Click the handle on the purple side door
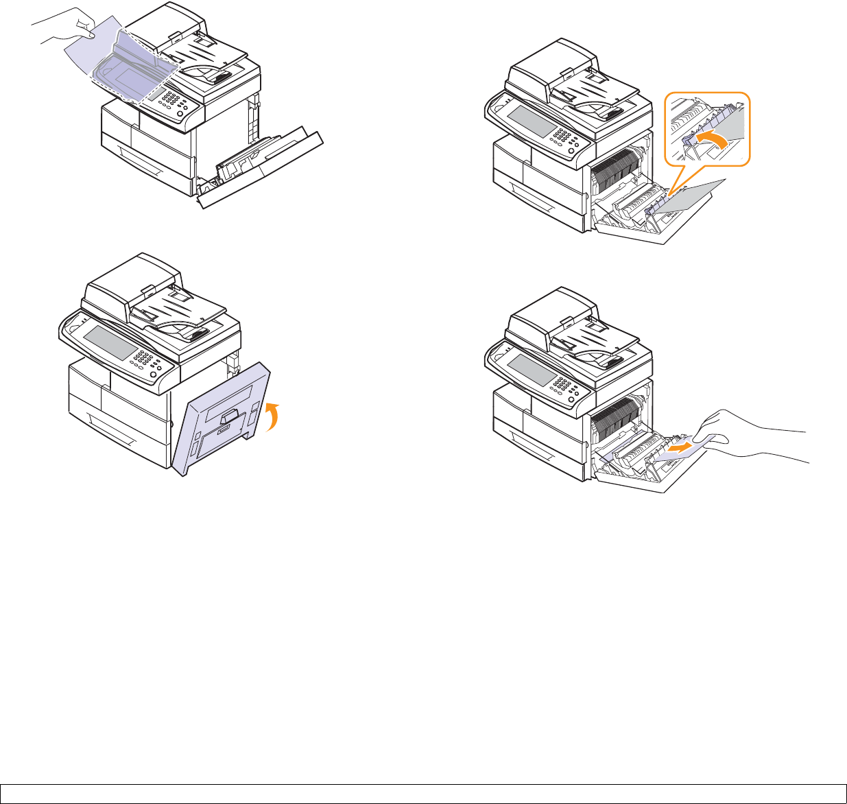(230, 414)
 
